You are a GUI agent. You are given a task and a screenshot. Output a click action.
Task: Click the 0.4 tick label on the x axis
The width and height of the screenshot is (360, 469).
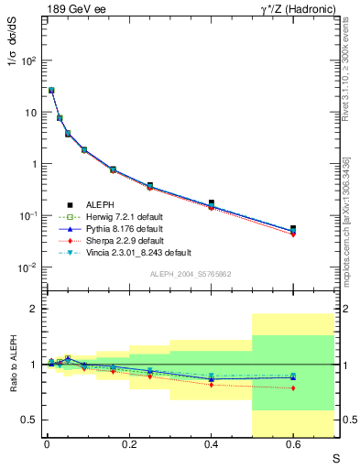click(x=211, y=447)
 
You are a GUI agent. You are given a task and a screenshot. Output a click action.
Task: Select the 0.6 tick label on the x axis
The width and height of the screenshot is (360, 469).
click(x=293, y=447)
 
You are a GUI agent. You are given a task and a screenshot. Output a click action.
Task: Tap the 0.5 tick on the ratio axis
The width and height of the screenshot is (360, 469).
click(x=30, y=420)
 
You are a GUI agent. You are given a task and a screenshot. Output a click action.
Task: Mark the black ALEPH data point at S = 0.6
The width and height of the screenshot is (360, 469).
click(x=293, y=228)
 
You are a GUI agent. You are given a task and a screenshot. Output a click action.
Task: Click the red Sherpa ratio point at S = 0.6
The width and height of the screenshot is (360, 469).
click(x=293, y=388)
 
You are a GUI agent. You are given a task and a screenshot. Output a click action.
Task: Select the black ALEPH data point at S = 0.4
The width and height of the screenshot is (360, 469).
click(x=211, y=203)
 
